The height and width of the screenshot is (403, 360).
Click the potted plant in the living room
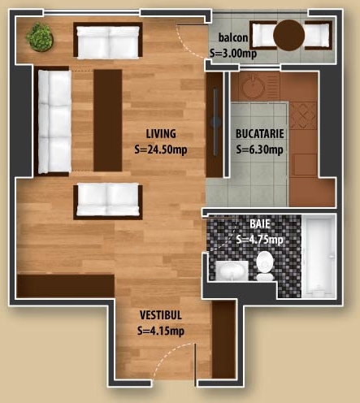click(x=40, y=37)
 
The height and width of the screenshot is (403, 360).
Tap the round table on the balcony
click(x=289, y=35)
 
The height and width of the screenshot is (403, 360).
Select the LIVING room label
click(x=161, y=134)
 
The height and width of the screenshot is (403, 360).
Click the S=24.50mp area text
click(x=161, y=149)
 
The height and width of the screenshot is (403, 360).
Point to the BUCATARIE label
click(x=260, y=134)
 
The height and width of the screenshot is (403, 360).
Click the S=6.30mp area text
click(x=260, y=149)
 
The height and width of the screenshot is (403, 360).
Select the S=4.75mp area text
click(x=260, y=240)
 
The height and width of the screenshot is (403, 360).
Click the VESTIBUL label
click(x=161, y=315)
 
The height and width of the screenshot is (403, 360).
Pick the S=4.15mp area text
click(x=161, y=331)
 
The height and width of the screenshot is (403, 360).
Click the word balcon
click(x=233, y=37)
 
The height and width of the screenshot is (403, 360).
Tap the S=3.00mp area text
click(x=233, y=53)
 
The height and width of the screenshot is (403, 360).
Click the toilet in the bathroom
click(x=265, y=266)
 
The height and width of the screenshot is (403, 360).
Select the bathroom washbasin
click(x=232, y=271)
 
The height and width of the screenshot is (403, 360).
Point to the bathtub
click(x=319, y=257)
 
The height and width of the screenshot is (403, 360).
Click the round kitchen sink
click(x=253, y=87)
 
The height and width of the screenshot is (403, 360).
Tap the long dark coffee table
click(x=108, y=120)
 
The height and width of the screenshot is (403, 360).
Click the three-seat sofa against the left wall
click(x=54, y=122)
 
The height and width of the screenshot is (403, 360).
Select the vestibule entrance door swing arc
click(x=170, y=353)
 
